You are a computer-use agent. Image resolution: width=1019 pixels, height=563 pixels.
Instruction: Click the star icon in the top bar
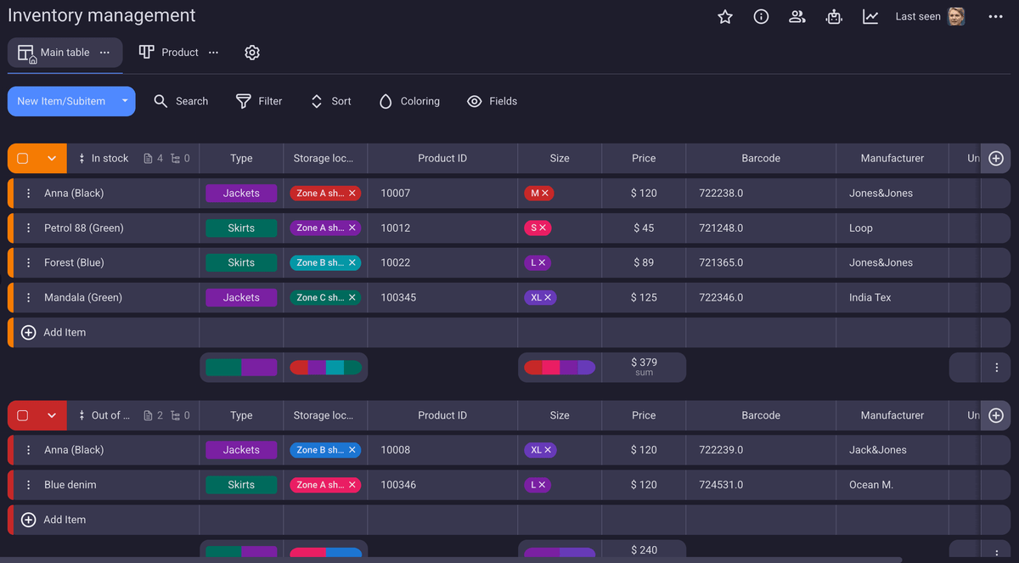pos(725,17)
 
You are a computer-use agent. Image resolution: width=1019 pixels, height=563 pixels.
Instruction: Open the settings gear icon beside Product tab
pos(252,53)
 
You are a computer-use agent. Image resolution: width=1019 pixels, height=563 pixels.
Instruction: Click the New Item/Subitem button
pos(61,101)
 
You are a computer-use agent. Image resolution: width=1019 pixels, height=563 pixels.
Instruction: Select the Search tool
pos(181,101)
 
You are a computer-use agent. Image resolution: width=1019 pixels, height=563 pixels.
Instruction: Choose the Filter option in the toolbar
pos(259,101)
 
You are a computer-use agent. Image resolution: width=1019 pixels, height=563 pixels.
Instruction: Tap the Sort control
pos(330,101)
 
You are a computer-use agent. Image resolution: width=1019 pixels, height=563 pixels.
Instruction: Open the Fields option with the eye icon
pos(493,101)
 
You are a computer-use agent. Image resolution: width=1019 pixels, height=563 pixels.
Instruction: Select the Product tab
pos(170,53)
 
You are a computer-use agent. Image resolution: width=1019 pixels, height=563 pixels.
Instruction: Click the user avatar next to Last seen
pos(956,17)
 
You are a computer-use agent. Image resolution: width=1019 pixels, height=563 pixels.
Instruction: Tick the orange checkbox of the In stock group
pos(23,159)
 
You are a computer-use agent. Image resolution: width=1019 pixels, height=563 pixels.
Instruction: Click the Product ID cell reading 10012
pos(396,228)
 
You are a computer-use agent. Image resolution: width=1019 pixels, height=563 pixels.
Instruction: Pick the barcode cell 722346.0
pos(721,298)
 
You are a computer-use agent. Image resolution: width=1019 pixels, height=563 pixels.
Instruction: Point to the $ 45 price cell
pos(644,228)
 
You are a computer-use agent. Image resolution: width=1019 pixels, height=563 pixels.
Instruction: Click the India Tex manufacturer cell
pos(870,298)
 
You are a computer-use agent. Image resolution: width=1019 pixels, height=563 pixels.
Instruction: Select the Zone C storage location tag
pos(320,298)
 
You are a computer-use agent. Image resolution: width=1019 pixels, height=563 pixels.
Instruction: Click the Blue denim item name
pos(70,485)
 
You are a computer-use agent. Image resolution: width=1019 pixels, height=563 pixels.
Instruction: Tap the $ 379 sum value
pos(644,363)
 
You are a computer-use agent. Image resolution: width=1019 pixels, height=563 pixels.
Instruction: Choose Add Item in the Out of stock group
pos(65,520)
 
